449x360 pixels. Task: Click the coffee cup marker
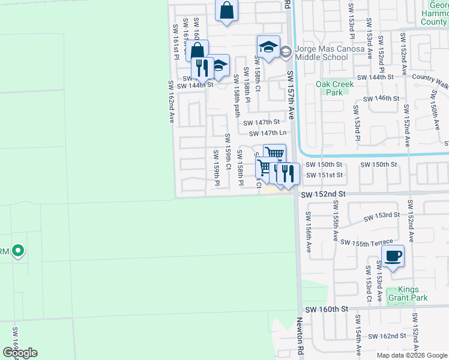coord(393,256)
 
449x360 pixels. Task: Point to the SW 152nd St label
coord(324,194)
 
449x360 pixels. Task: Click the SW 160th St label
coord(327,309)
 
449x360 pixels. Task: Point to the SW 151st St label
coord(324,175)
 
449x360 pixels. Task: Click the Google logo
coord(20,353)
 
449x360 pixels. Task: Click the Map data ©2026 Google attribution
coord(412,355)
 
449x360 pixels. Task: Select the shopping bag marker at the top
coord(226,11)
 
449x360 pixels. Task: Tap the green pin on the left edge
coord(18,250)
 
